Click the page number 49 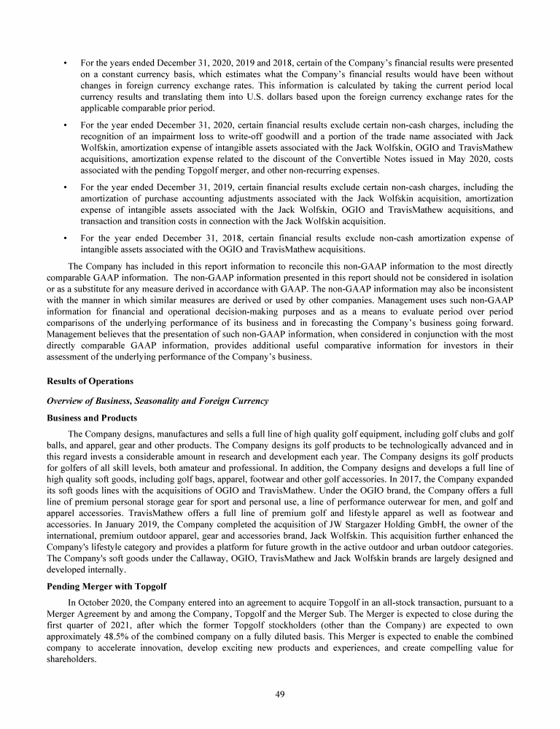(x=279, y=693)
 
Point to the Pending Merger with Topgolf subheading (x=107, y=585)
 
